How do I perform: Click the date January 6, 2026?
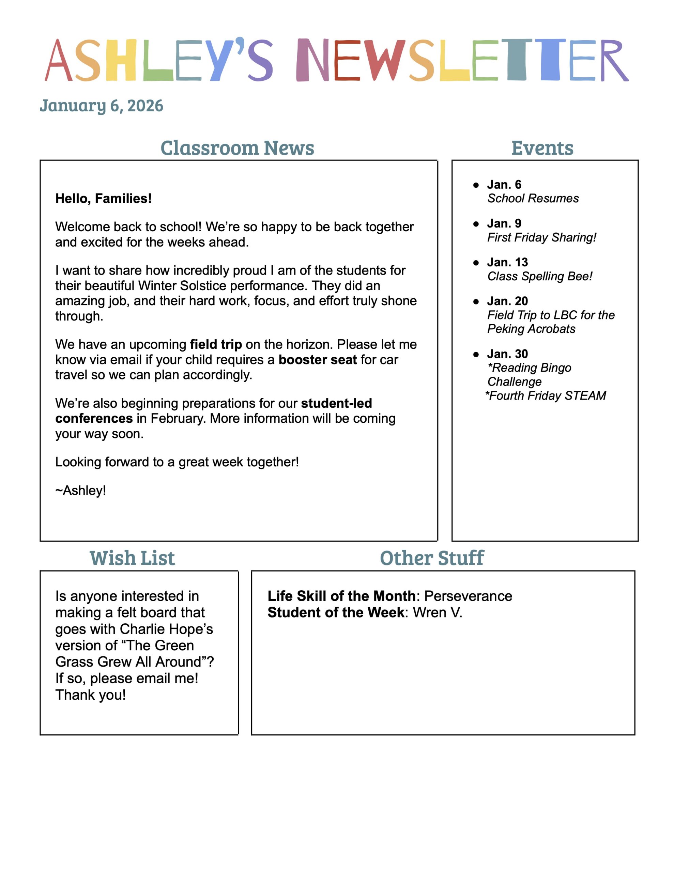pos(102,106)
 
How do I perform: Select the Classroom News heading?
pos(237,148)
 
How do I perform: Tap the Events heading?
pos(542,148)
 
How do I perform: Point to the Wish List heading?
pos(132,558)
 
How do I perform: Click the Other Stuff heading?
pos(432,558)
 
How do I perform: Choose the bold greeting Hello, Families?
pos(104,199)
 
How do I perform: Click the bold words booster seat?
pos(318,360)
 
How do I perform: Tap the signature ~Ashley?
pos(81,490)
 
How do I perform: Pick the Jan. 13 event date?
pos(507,262)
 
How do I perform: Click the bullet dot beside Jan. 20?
pos(476,301)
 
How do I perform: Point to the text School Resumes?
pos(533,199)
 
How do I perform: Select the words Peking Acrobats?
pos(531,329)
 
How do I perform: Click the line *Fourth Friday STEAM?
pos(546,396)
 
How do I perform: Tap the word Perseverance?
pos(468,596)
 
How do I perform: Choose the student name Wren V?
pos(438,612)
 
